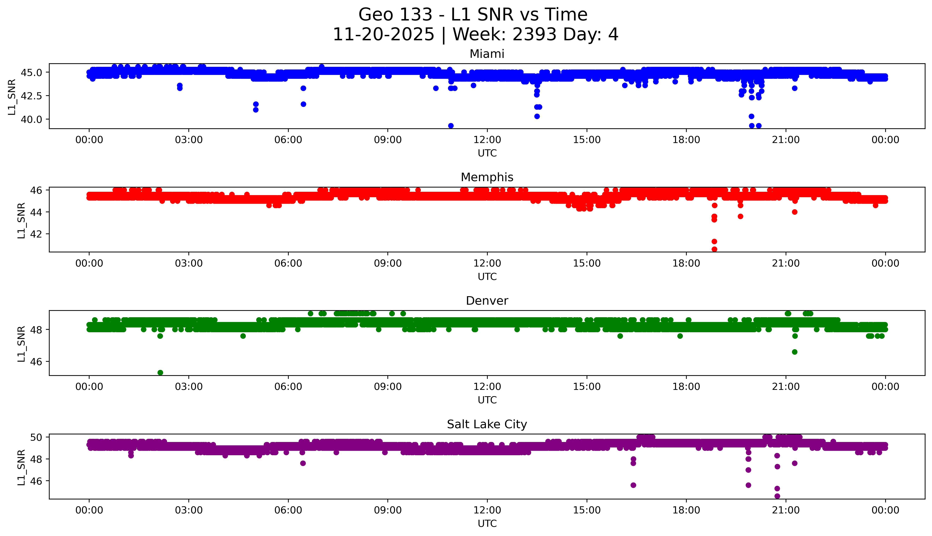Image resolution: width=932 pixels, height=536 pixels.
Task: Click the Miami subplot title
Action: [x=487, y=54]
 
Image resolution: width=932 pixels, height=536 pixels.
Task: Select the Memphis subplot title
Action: [x=487, y=177]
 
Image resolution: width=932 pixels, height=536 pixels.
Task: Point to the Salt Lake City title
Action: [x=487, y=424]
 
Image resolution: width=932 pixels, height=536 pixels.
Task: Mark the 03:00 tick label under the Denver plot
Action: [x=189, y=387]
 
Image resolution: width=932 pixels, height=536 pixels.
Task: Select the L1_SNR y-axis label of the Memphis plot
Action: [x=21, y=220]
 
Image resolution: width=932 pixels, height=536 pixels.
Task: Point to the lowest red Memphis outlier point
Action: [x=714, y=249]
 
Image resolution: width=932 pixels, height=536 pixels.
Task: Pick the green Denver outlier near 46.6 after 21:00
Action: [x=794, y=352]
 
